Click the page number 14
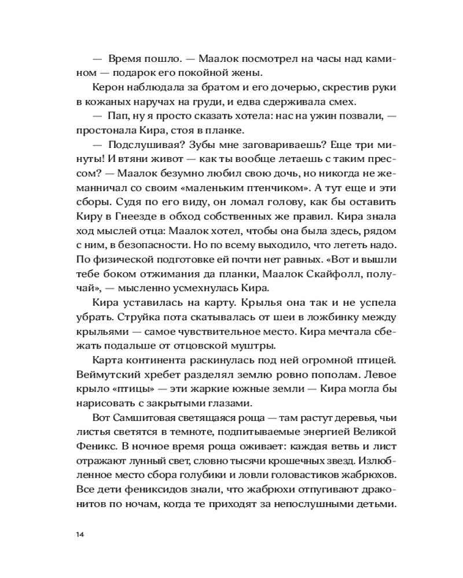tap(80, 533)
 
